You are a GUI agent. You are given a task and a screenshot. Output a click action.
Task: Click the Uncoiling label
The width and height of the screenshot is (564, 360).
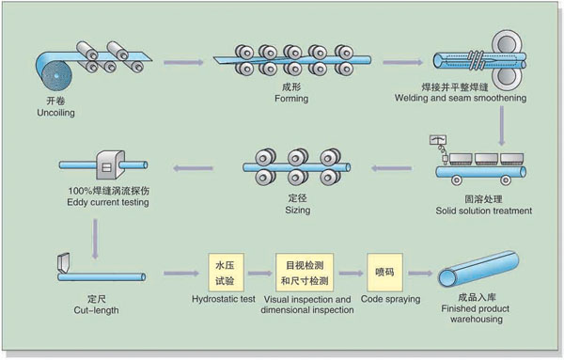[55, 113]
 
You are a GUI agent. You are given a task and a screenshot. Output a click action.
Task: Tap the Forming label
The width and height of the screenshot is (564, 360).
[291, 99]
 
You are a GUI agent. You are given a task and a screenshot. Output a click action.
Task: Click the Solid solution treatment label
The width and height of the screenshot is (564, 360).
[484, 211]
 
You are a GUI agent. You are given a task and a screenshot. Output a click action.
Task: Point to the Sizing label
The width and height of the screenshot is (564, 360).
[298, 210]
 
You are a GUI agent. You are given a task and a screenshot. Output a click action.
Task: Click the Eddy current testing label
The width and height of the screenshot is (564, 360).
[108, 202]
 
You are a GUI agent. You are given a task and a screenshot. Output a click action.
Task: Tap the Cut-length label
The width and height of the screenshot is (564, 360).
[96, 310]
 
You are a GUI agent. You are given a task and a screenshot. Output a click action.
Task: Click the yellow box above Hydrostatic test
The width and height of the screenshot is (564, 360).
[226, 273]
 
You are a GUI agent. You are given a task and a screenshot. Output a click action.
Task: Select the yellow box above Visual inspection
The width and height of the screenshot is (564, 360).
[305, 273]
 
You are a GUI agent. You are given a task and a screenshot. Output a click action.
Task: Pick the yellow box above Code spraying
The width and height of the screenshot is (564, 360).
[384, 273]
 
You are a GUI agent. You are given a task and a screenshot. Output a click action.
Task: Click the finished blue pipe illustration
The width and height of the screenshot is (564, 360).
[478, 269]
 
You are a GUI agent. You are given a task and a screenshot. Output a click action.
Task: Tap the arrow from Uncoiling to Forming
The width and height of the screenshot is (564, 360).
[183, 62]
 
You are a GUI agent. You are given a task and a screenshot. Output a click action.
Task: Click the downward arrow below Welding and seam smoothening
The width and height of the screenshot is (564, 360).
[501, 126]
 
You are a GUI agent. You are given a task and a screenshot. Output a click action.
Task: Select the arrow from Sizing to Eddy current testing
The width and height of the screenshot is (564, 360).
[193, 168]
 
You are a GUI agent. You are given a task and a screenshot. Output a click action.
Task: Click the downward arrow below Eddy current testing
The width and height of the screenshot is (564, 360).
[95, 239]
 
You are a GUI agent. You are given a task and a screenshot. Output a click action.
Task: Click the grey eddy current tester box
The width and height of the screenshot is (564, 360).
[110, 165]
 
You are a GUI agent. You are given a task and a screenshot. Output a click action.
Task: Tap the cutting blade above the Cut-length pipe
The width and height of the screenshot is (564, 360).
[64, 262]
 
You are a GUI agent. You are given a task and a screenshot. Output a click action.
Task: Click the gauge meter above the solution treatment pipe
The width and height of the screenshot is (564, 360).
[438, 140]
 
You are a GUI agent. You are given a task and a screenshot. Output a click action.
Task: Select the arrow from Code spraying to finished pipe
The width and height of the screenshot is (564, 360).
[420, 274]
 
